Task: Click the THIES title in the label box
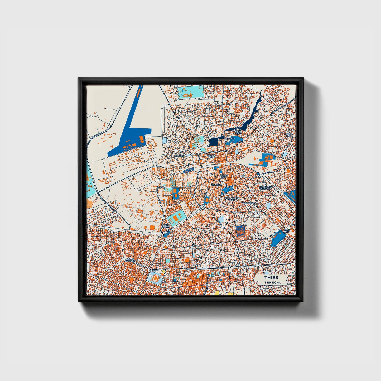click(x=271, y=277)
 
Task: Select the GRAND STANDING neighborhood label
click(x=131, y=260)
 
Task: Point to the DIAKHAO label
click(x=179, y=156)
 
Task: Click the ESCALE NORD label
click(x=211, y=156)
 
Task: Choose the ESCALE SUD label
click(x=224, y=176)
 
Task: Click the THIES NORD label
click(x=238, y=132)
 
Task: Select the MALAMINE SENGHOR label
click(x=265, y=188)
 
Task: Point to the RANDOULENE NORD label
click(x=230, y=199)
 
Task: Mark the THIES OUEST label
click(x=166, y=226)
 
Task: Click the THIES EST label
click(x=287, y=230)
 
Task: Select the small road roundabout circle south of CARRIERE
click(x=202, y=208)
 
